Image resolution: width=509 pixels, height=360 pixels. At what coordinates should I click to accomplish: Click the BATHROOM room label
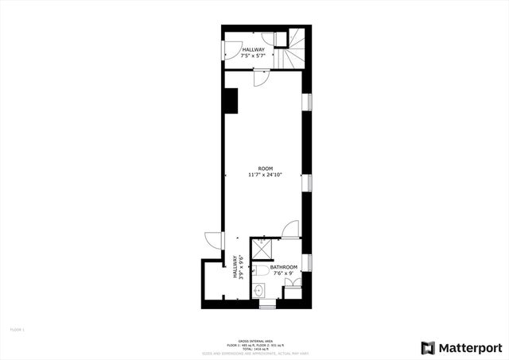click(x=284, y=267)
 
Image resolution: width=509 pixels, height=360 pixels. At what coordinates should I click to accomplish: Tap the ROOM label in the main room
click(x=266, y=168)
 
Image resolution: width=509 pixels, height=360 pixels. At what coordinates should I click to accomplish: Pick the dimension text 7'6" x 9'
click(x=284, y=273)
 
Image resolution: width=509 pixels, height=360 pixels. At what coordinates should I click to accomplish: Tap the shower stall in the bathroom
click(x=262, y=248)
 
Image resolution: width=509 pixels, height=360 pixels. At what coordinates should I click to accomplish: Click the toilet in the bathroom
click(x=263, y=272)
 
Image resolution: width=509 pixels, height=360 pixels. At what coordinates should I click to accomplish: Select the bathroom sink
click(x=259, y=291)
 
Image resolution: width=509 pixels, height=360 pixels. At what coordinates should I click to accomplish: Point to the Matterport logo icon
click(x=428, y=347)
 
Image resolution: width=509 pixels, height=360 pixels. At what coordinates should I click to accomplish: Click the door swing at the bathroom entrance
click(x=291, y=230)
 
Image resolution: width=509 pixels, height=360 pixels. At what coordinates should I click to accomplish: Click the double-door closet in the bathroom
click(x=293, y=283)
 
